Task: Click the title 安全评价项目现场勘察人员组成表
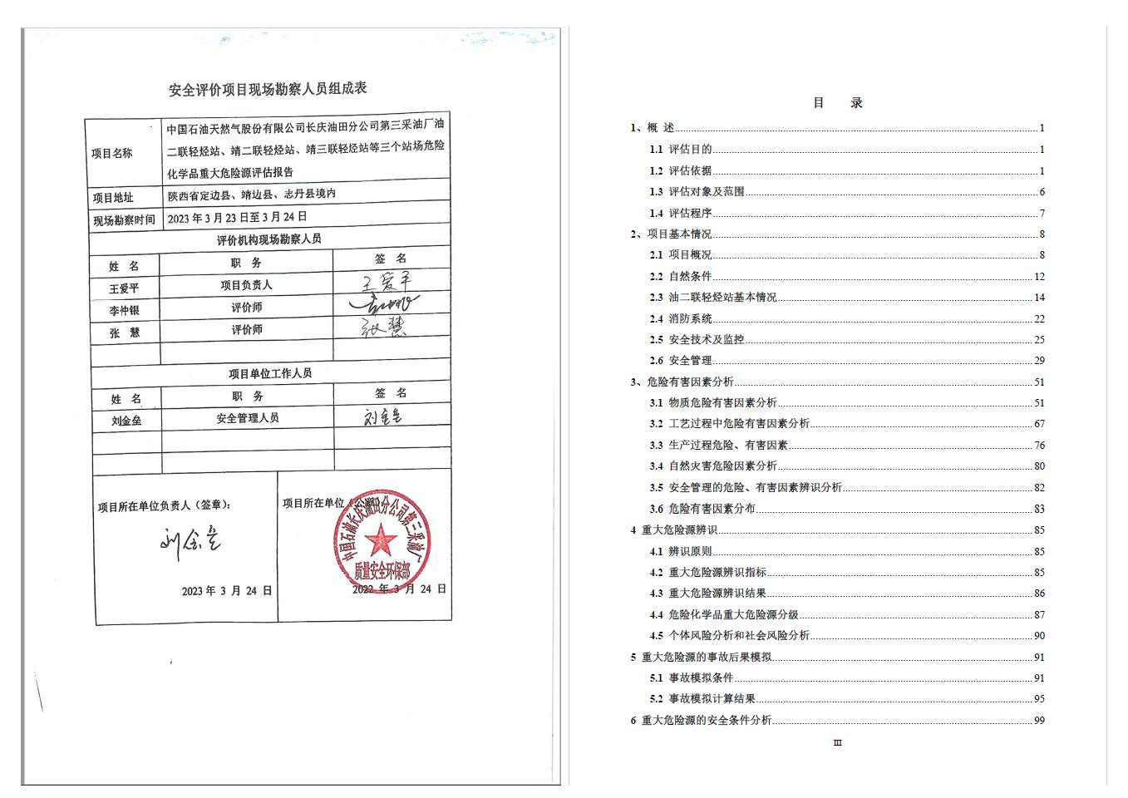point(268,88)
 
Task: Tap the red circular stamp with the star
point(382,542)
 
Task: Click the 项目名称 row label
point(112,153)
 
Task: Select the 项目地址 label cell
point(113,198)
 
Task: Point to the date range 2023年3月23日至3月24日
point(238,217)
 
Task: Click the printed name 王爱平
point(124,288)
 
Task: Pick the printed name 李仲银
point(124,311)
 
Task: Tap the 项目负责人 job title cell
point(246,285)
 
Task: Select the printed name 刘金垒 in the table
point(126,421)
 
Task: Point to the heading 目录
point(837,103)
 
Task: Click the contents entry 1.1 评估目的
point(681,150)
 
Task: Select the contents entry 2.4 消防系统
point(681,318)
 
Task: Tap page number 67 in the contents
point(1039,424)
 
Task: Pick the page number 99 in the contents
point(1039,721)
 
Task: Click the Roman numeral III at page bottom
point(837,743)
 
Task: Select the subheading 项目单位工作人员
point(270,373)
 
